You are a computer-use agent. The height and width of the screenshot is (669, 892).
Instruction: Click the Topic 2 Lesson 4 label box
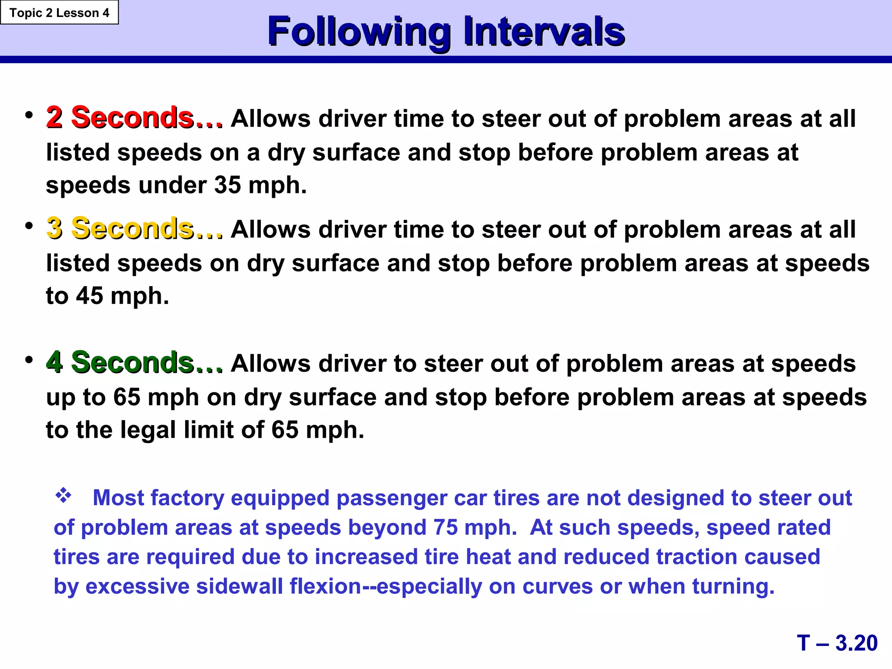click(59, 13)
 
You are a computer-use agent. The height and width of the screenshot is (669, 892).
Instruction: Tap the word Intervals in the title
click(544, 32)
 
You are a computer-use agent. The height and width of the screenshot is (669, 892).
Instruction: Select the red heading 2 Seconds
click(134, 118)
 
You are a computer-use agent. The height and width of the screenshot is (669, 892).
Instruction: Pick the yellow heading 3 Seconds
click(134, 228)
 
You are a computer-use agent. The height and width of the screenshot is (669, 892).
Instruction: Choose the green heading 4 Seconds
click(134, 362)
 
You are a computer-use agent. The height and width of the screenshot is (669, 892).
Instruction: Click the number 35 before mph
click(227, 185)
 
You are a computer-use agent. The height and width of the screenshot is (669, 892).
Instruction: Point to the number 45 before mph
click(89, 296)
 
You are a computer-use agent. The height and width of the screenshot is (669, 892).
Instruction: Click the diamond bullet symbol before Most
click(63, 495)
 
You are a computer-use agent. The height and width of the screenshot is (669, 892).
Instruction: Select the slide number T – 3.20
click(837, 643)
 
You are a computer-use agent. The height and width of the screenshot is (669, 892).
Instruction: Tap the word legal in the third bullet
click(148, 430)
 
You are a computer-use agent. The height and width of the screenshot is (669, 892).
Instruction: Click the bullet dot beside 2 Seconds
click(29, 115)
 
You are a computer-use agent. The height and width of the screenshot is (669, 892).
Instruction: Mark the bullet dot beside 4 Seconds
click(29, 360)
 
